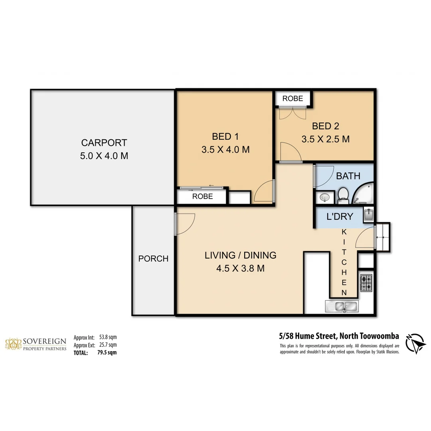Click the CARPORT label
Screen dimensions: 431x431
coord(104,142)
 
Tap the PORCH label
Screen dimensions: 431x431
coord(153,259)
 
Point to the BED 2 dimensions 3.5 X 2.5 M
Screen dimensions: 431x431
coord(325,139)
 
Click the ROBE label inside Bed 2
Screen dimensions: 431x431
coord(293,98)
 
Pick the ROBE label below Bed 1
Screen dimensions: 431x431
coord(202,196)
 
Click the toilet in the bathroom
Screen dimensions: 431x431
coord(343,195)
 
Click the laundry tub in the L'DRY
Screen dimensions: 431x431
coord(369,215)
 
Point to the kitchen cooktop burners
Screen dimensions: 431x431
coord(366,282)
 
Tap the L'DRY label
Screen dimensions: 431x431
coord(340,217)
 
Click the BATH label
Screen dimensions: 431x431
coord(348,176)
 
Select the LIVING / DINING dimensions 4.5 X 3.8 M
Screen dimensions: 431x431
coord(240,269)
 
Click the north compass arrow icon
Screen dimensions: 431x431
coord(416,343)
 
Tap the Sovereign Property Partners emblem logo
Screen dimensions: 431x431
coord(13,344)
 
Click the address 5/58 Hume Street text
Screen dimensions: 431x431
coord(309,336)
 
